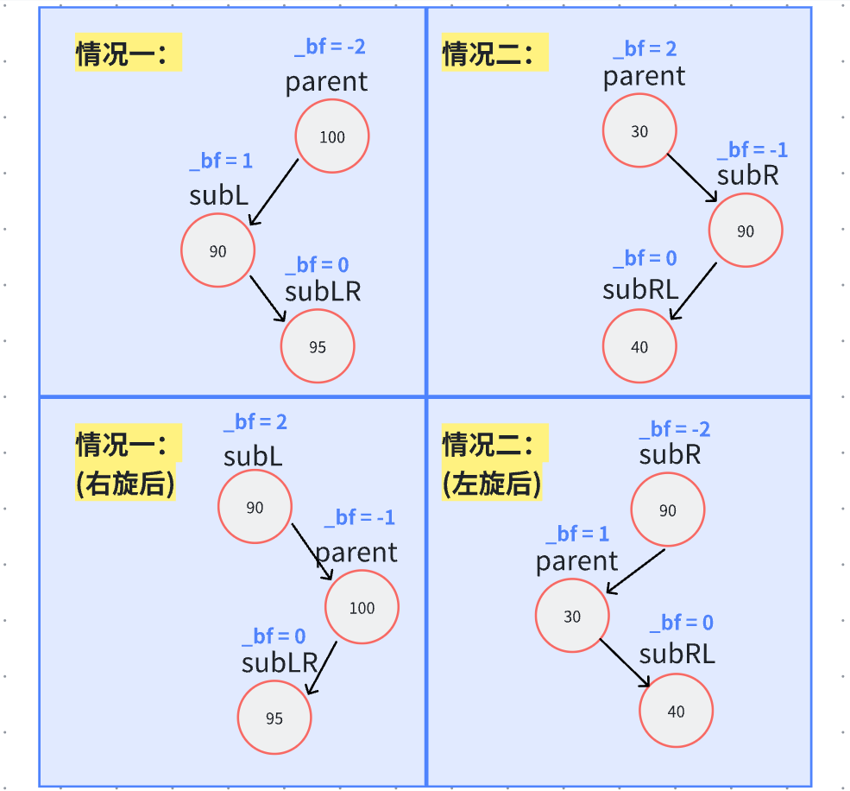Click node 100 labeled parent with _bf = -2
[332, 136]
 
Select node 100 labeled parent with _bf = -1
[362, 607]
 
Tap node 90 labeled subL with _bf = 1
[217, 250]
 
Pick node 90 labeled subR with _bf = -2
[667, 510]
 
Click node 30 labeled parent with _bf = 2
[639, 131]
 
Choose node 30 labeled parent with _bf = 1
[572, 617]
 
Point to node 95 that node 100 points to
[274, 718]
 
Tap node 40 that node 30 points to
[676, 712]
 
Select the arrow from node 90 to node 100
[312, 552]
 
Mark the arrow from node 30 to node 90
[691, 178]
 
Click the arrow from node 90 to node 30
[635, 571]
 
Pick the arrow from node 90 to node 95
[268, 299]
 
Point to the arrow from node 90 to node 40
[693, 291]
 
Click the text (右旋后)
[126, 484]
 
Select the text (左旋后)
[492, 484]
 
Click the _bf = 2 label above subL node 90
[255, 422]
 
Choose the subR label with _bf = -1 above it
[747, 175]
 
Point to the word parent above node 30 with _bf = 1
[576, 561]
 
